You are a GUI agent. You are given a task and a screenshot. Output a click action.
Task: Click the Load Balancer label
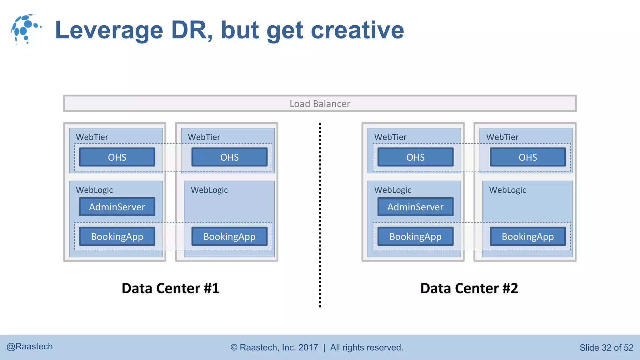coord(320,104)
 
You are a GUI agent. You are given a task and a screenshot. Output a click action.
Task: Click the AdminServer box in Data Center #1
coord(117,207)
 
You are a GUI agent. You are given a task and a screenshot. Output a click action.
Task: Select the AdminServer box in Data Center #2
coord(415,207)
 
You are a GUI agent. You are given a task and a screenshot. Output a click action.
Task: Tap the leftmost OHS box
coord(117,157)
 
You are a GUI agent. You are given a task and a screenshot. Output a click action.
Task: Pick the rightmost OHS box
coord(528,157)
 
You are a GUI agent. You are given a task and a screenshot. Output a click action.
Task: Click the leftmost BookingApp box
coord(117,237)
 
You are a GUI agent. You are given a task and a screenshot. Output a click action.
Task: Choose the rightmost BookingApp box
coord(528,237)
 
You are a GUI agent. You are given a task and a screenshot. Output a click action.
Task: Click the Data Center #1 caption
coord(170,288)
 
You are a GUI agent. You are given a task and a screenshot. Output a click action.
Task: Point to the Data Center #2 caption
coord(469,288)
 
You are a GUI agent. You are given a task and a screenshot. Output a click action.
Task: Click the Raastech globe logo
coord(26,29)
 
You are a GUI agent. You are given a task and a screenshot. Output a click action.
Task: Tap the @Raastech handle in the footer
coord(30,347)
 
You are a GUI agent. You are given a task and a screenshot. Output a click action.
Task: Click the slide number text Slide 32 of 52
coord(606,347)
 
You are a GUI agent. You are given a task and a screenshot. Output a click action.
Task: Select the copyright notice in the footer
coord(317,347)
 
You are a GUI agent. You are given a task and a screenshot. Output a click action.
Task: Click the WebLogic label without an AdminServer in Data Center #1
coord(209,190)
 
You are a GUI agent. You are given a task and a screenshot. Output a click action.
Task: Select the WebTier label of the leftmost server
coord(92,137)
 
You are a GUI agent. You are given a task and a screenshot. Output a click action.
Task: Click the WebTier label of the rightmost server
coord(502,137)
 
